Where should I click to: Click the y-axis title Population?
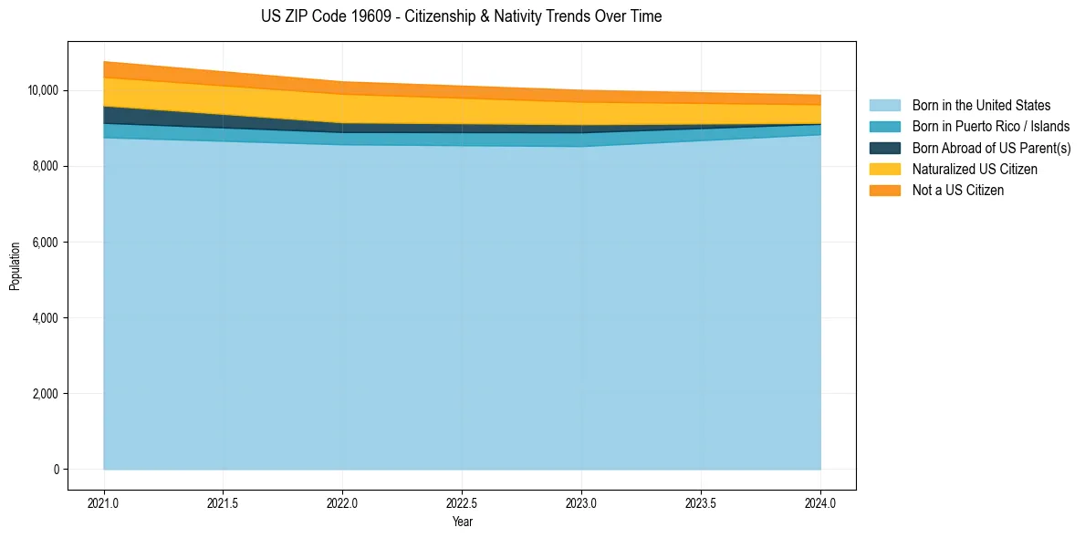click(x=15, y=265)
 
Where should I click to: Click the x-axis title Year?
click(x=462, y=522)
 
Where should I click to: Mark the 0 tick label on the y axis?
click(x=55, y=470)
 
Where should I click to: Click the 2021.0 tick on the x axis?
click(x=104, y=502)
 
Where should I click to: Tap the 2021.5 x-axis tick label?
click(x=224, y=502)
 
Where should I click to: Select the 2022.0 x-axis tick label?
click(x=343, y=502)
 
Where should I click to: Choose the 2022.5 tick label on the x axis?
click(x=463, y=502)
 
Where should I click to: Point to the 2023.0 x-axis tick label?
click(x=581, y=502)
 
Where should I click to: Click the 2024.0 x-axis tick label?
click(x=820, y=502)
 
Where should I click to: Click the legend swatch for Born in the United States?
click(x=884, y=106)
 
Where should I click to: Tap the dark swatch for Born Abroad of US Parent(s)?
click(x=884, y=148)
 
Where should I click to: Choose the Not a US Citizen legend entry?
click(x=958, y=191)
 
